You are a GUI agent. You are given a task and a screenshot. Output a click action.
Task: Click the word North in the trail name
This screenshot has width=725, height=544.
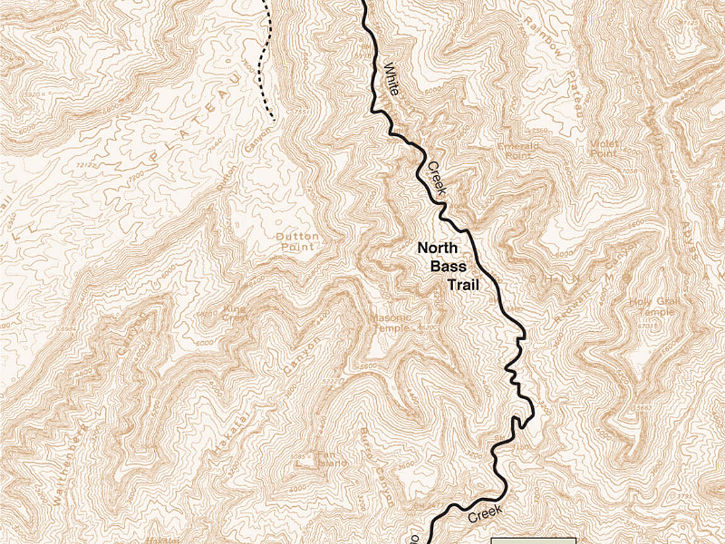click(438, 248)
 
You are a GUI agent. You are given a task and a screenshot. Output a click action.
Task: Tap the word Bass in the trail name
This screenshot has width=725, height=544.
click(448, 266)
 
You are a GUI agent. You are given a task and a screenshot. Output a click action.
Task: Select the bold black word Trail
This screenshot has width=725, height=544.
click(463, 285)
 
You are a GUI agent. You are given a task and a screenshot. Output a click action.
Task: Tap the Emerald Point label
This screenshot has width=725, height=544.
click(518, 150)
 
